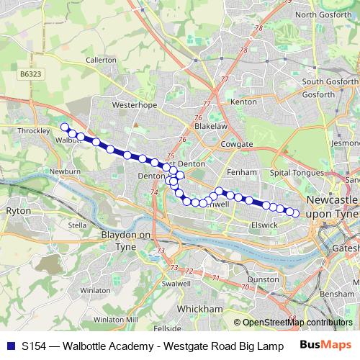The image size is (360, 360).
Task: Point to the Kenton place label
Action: click(243, 102)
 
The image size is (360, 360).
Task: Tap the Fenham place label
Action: click(241, 173)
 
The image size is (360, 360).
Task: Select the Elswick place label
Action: click(264, 225)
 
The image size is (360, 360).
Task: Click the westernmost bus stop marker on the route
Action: click(65, 127)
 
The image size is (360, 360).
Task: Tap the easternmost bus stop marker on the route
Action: click(295, 213)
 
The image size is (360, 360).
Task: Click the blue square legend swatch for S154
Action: click(12, 346)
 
